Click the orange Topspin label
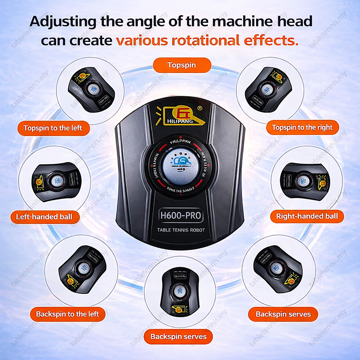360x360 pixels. coord(181,65)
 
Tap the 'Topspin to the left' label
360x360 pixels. coord(53,128)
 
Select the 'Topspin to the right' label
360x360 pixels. coord(302,127)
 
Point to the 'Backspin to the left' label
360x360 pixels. coord(67,314)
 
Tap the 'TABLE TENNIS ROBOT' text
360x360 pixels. coord(181,230)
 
